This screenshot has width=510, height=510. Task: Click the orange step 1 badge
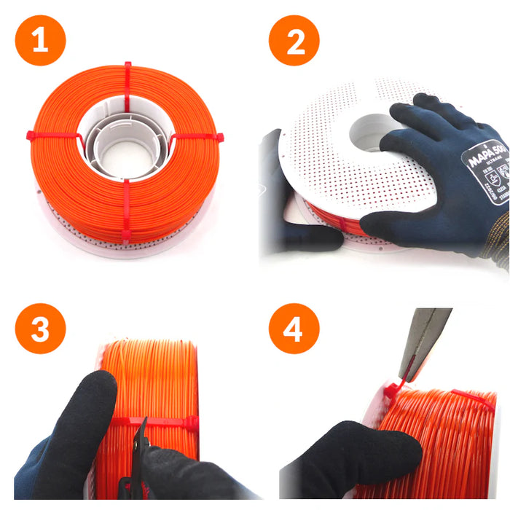[x=41, y=41]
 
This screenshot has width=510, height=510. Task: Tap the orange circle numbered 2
[x=294, y=41]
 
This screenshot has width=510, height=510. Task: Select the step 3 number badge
[x=41, y=330]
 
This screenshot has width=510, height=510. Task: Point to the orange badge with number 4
[x=294, y=330]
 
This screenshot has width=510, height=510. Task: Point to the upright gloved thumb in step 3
[x=95, y=408]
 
